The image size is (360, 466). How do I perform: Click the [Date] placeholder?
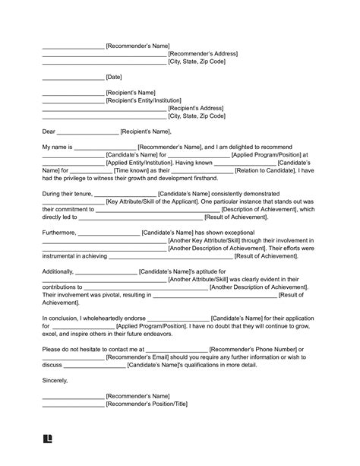tap(114, 78)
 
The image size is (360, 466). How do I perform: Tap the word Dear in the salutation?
tap(49, 132)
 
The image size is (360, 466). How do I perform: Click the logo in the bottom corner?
tap(48, 439)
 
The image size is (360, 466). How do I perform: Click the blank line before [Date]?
tap(73, 78)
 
